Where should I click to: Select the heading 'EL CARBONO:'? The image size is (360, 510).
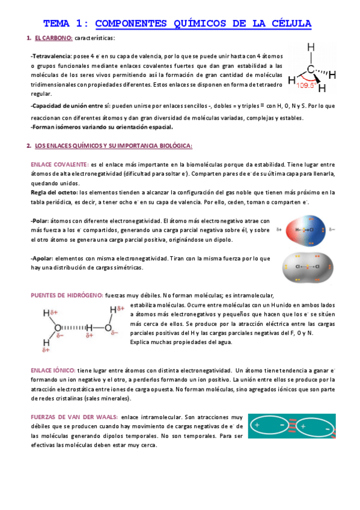(x=53, y=38)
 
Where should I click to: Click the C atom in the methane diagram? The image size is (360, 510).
(x=311, y=69)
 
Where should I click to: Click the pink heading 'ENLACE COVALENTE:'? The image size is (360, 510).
(x=59, y=164)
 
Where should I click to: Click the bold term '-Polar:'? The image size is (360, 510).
(x=40, y=221)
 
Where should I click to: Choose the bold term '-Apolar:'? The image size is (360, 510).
(x=42, y=258)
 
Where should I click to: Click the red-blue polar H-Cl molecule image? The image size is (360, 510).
(x=307, y=230)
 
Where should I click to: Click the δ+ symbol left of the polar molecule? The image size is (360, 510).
(x=279, y=230)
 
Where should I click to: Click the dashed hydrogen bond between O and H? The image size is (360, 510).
(x=73, y=328)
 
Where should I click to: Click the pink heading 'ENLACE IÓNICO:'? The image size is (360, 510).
(x=53, y=370)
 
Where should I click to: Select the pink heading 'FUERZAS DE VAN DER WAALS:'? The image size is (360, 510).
(x=73, y=416)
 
